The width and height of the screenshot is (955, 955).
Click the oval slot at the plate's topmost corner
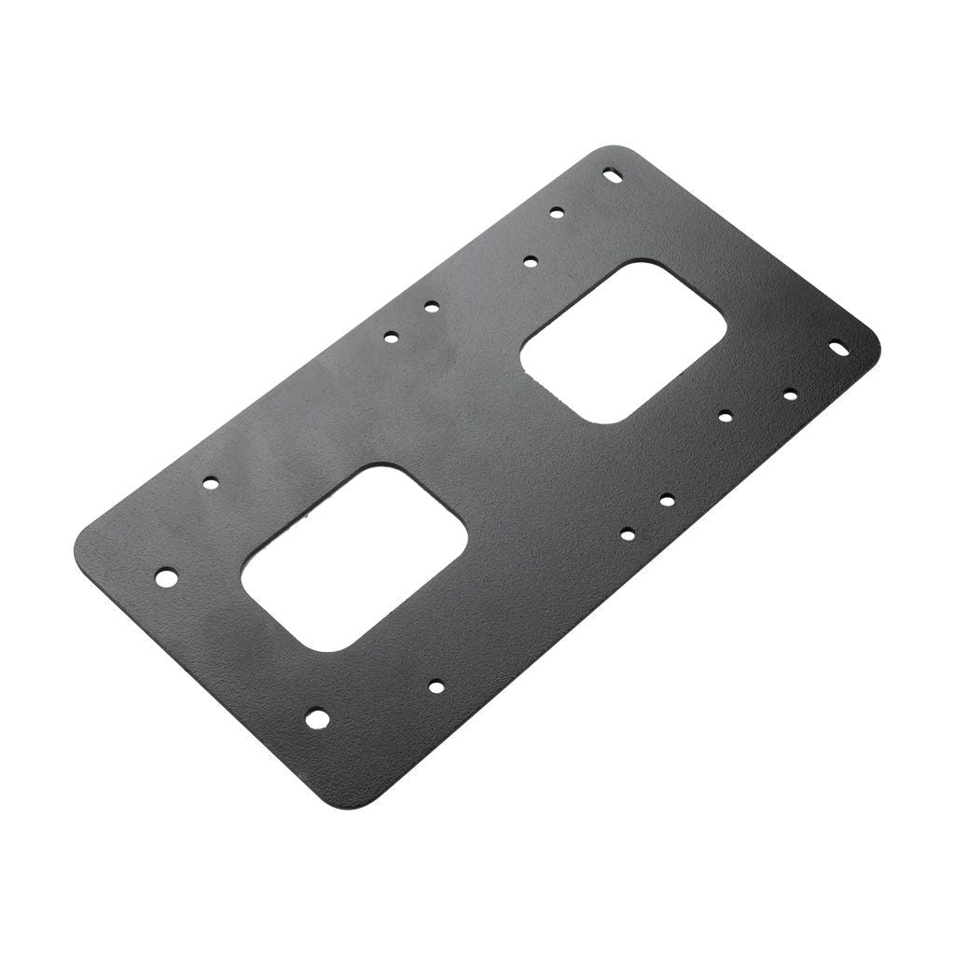613,173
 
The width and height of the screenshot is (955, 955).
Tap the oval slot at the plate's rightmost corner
839,347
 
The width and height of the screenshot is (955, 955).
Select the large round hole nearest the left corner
166,576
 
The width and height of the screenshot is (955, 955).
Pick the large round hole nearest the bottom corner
317,718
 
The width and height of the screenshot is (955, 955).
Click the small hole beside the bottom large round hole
436,687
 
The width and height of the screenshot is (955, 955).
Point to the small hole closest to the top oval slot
557,213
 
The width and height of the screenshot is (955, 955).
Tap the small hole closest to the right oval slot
790,394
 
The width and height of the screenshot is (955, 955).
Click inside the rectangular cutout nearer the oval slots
623,341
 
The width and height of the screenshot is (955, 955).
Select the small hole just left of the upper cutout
531,262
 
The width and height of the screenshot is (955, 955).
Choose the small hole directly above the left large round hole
210,483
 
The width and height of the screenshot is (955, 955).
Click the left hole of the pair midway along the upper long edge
392,336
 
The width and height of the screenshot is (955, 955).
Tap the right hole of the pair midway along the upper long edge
431,306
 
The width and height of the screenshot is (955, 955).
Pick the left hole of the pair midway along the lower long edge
628,533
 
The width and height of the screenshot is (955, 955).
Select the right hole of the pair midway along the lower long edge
667,501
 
